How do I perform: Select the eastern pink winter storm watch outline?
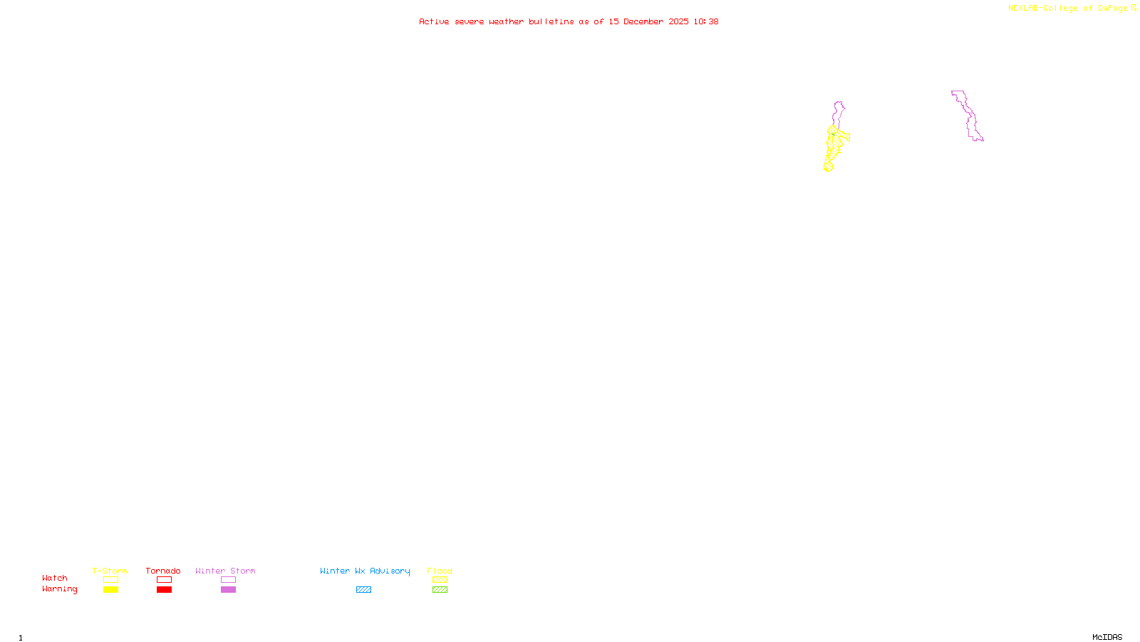tap(967, 114)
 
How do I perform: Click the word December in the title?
tap(643, 21)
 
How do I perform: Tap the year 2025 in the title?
tap(678, 21)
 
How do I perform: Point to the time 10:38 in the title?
tap(706, 21)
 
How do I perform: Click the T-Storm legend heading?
tap(110, 571)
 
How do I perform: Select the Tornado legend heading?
tap(163, 571)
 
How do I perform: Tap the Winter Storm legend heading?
tap(225, 571)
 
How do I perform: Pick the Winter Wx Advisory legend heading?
tap(365, 571)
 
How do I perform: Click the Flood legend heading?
tap(440, 571)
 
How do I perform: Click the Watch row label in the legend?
tap(55, 578)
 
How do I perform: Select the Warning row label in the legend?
tap(59, 589)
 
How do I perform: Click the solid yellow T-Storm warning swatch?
tap(110, 590)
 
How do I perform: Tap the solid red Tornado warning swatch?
tap(164, 590)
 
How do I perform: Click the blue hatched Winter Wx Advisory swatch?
tap(363, 590)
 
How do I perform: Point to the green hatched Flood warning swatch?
tap(440, 590)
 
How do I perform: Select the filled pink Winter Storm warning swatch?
tap(228, 590)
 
